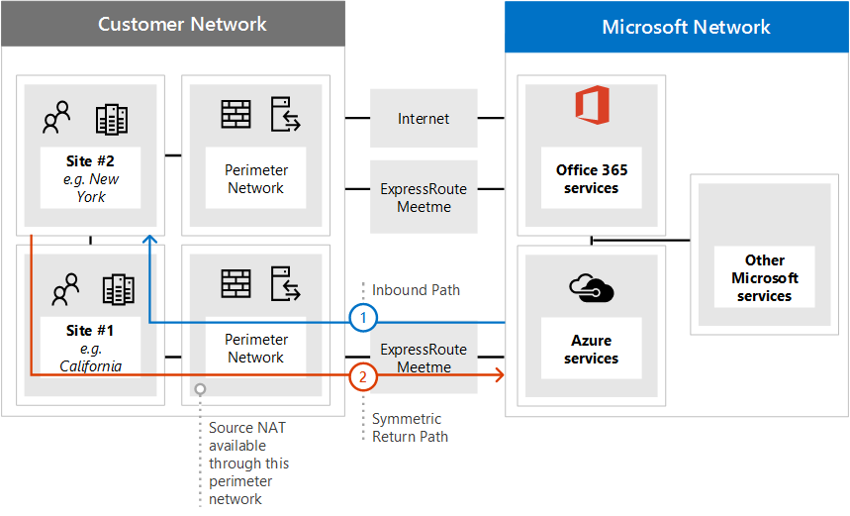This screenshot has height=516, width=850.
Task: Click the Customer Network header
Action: click(182, 24)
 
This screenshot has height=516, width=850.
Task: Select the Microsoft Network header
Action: click(686, 27)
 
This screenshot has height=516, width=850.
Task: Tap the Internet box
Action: click(424, 119)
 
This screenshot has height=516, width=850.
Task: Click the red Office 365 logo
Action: click(592, 106)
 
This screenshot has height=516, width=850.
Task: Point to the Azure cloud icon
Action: click(592, 288)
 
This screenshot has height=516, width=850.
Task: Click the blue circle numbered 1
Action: click(364, 319)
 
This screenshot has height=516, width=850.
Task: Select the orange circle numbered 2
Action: click(364, 375)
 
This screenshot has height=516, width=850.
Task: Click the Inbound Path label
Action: click(416, 290)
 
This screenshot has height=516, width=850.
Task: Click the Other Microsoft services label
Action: click(764, 278)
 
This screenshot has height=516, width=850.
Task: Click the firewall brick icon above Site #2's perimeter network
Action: click(236, 114)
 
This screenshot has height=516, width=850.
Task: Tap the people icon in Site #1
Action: click(65, 289)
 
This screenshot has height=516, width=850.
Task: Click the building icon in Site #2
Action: click(112, 119)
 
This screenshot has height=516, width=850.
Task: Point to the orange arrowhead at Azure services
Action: click(500, 375)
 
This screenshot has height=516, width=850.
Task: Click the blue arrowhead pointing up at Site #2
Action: click(148, 241)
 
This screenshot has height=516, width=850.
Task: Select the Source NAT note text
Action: click(248, 464)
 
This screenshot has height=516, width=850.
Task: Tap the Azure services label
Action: click(591, 350)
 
